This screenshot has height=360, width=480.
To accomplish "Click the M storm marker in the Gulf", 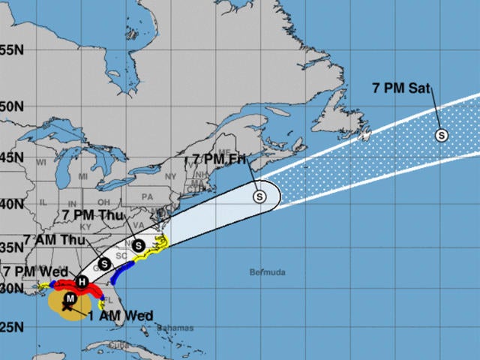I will (x=70, y=298).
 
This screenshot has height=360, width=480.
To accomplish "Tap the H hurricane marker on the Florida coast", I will (x=83, y=281).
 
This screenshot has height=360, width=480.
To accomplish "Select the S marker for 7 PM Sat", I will (x=442, y=135).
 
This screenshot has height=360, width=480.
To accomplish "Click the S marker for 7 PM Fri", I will (x=259, y=196).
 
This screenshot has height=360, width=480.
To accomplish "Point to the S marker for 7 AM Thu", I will (x=105, y=263).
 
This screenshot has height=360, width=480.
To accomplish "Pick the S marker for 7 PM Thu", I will (x=138, y=245).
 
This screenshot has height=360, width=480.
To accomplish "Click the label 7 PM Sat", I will (x=401, y=88).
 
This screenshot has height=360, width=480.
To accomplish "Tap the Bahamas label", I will (x=175, y=328).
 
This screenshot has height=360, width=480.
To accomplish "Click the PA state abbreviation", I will (x=146, y=196).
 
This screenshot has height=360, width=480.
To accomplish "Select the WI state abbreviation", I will (x=42, y=163).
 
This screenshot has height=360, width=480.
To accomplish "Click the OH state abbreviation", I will (x=106, y=202).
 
